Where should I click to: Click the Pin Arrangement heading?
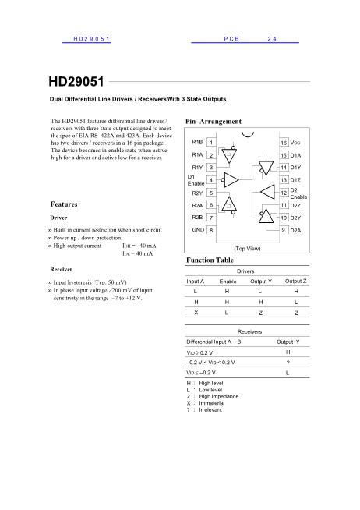[214, 122]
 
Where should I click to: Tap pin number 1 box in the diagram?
[212, 143]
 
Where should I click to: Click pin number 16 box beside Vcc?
[284, 143]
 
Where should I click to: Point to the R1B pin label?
[197, 142]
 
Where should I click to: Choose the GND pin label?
[198, 230]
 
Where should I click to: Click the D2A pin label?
[296, 231]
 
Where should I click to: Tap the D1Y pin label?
[296, 168]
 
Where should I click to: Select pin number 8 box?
[212, 230]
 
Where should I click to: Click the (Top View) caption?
[248, 247]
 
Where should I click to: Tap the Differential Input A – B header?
[214, 342]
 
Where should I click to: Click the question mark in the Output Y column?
[288, 363]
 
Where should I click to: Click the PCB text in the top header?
[231, 38]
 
